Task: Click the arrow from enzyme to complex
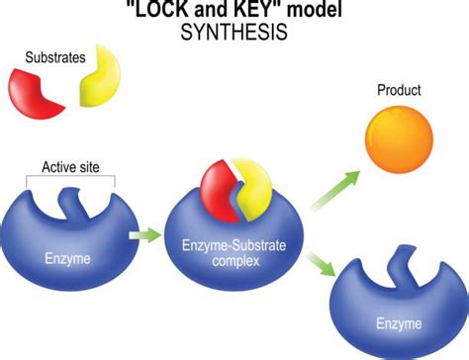coord(145,235)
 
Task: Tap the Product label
coord(399,91)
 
